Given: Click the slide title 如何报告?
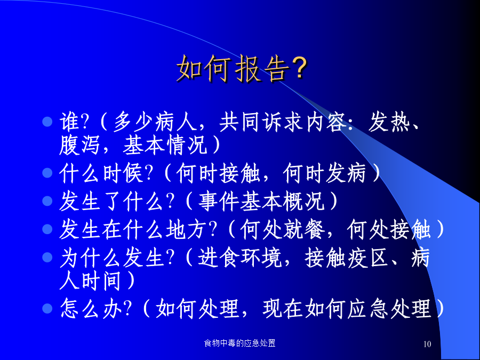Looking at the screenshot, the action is click(242, 69).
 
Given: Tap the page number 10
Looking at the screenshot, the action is click(427, 344).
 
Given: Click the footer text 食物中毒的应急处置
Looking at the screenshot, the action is click(239, 343).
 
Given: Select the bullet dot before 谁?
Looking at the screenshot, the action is click(47, 122).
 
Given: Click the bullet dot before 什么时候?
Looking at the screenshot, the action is click(47, 173).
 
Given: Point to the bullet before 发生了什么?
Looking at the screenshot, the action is click(47, 201).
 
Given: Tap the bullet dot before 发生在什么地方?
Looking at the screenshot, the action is click(47, 229).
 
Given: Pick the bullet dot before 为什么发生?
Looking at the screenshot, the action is click(47, 257).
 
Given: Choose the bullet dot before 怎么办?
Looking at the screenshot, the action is click(47, 308).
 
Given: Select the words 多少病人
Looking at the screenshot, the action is click(155, 122).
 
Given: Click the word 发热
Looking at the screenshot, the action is click(389, 122).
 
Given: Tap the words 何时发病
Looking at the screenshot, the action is click(324, 173).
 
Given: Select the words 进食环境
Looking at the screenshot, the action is click(239, 257).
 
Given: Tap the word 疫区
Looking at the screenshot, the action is click(367, 257).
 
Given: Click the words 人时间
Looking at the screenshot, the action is click(90, 281).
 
